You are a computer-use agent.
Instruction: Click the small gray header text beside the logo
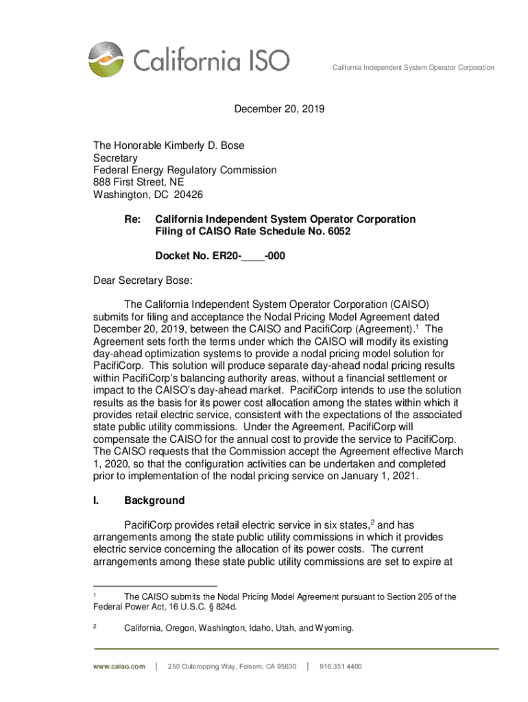(413, 68)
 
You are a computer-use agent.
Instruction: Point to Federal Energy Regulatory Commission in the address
(184, 170)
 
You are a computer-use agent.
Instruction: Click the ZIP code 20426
(189, 195)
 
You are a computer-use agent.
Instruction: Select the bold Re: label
(132, 219)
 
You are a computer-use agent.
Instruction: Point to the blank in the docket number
(253, 256)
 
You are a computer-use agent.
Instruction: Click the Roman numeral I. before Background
(97, 500)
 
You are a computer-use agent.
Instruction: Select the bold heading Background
(154, 500)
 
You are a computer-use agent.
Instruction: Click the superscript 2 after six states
(372, 522)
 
